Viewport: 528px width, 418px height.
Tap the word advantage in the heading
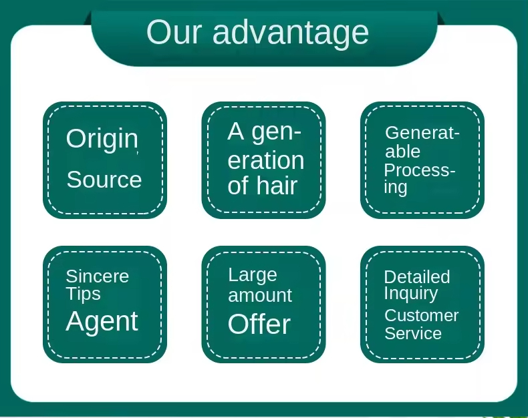click(291, 32)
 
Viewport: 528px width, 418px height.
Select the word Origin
click(102, 139)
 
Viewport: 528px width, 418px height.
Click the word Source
click(104, 180)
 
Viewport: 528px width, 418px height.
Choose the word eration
click(266, 160)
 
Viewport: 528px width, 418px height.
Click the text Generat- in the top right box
click(422, 133)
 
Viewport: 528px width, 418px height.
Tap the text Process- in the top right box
click(420, 170)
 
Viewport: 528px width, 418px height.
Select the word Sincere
click(97, 276)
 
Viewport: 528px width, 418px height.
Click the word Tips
click(83, 294)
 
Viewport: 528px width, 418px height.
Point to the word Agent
click(102, 322)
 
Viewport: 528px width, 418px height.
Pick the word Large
click(252, 275)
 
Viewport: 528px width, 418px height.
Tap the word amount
click(260, 295)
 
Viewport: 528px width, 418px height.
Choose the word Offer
click(259, 325)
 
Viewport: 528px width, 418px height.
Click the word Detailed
click(417, 276)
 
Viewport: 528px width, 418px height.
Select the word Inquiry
click(411, 294)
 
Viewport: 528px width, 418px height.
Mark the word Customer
click(422, 315)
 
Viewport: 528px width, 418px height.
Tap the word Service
click(413, 333)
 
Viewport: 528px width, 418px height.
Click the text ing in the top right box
click(396, 188)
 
